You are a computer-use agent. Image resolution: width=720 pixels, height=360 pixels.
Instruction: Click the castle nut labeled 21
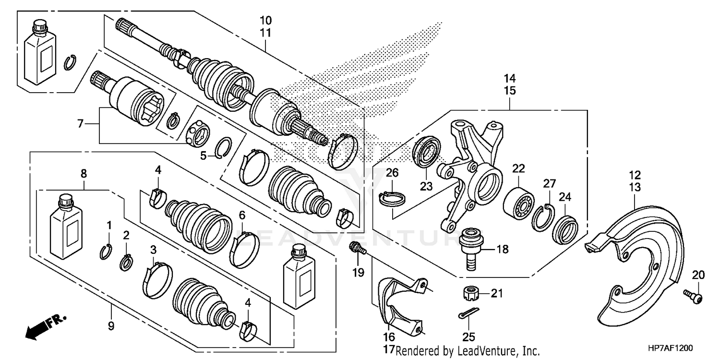click(x=468, y=292)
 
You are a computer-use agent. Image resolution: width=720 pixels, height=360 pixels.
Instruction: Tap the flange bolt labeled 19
click(x=357, y=248)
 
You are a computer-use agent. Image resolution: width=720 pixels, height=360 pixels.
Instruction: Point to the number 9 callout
click(x=111, y=326)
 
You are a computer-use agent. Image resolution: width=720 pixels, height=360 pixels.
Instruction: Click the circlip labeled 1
click(x=107, y=252)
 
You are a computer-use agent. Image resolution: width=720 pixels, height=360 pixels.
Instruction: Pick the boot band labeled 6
click(x=244, y=248)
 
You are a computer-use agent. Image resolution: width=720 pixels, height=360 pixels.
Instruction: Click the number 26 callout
click(x=392, y=172)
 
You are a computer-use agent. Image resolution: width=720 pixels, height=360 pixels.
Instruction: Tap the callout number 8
click(x=84, y=173)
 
